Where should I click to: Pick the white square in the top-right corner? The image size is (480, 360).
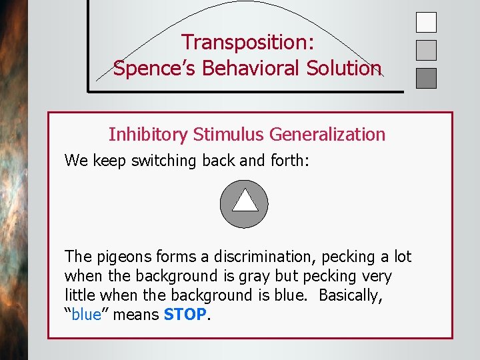coord(426,22)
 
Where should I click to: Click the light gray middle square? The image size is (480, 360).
coord(426,50)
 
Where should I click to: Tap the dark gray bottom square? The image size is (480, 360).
coord(426,78)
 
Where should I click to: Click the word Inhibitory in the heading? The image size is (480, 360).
coord(148,135)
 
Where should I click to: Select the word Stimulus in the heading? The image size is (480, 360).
coord(229,135)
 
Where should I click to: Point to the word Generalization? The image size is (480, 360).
coord(327,135)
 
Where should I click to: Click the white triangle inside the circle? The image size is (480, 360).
coord(245,200)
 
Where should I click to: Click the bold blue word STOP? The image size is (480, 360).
coord(185,314)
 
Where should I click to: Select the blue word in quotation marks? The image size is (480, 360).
coord(86,314)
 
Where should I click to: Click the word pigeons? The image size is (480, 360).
coord(121,257)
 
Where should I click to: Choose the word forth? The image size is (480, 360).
coord(287,161)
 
